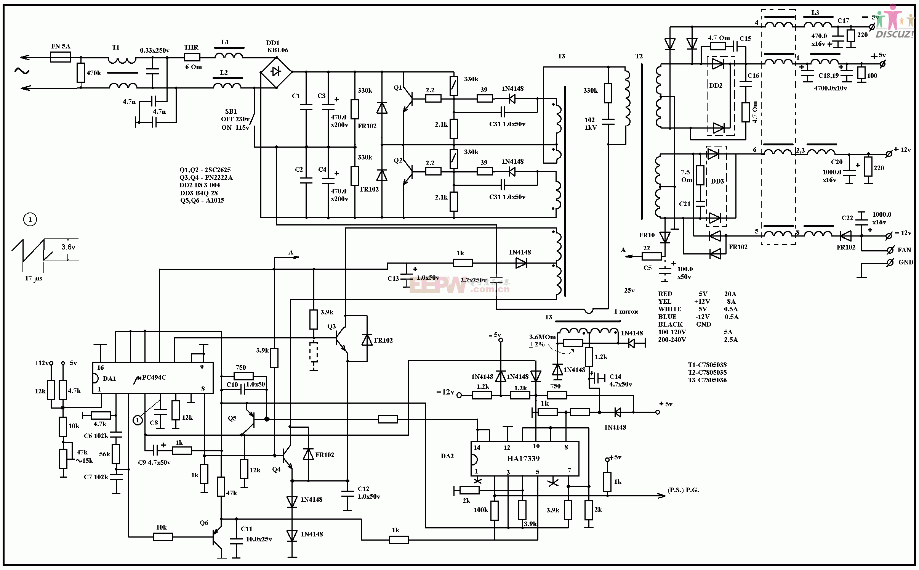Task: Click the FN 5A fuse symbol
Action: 60,58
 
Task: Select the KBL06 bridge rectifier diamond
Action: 276,72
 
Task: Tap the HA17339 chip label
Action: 523,459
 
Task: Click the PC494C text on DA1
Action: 154,378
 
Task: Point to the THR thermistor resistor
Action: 192,58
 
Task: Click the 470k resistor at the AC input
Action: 80,72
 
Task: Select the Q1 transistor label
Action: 398,88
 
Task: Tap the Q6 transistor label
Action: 204,523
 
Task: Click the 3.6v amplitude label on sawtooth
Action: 68,247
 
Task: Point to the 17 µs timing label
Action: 34,279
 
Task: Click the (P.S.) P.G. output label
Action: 683,490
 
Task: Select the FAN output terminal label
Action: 904,250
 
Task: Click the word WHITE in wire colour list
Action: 669,309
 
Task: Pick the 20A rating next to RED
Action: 730,294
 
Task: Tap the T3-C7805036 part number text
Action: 707,380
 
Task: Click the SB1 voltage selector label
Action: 231,111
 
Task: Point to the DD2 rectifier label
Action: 716,85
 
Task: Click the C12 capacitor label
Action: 363,489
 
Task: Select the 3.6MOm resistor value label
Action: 542,337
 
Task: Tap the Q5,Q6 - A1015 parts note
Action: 202,201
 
